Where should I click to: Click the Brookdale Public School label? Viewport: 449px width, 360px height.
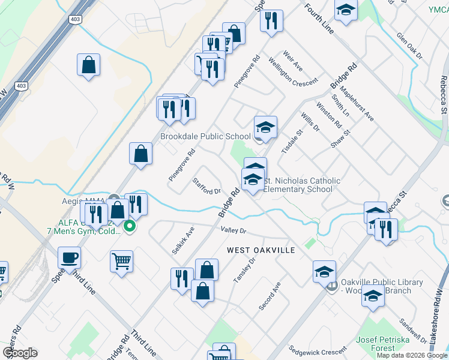pos(205,136)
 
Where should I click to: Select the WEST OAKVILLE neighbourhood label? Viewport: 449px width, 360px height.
pos(261,250)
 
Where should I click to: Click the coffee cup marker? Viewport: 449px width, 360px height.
pos(70,258)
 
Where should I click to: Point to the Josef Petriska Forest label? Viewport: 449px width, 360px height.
pos(384,344)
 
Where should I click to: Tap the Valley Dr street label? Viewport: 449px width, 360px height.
pos(234,230)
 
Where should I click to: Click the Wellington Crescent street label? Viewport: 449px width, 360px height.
pos(292,72)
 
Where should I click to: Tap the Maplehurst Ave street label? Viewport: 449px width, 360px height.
pos(357,105)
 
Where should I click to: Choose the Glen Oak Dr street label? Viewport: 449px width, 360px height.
pos(409,46)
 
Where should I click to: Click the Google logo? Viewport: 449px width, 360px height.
pos(20,353)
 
